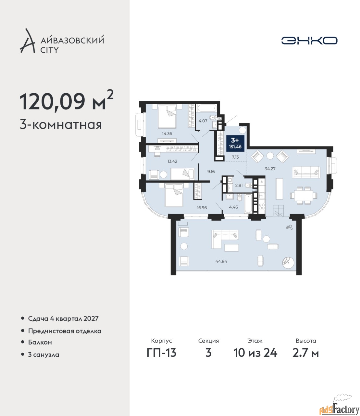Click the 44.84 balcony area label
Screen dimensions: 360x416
coord(221,262)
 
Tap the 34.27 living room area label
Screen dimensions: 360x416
coord(270,169)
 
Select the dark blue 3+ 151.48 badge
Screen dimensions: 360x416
coord(235,143)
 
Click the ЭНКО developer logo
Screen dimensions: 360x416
coord(309,40)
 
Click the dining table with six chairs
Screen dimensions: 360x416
coord(304,195)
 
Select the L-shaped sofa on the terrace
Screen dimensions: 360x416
coord(225,240)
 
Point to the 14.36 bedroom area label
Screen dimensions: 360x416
coord(167,134)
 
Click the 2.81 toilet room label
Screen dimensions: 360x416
coord(239,185)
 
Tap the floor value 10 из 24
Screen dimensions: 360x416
coord(255,353)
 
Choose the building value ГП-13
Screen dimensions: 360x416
coord(161,353)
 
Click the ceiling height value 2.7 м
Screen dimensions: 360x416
coord(305,353)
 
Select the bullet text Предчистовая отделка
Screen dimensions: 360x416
coord(65,331)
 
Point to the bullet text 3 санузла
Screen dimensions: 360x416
coord(43,355)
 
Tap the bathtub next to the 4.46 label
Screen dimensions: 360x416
coord(248,203)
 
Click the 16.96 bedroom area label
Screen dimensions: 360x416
coord(202,207)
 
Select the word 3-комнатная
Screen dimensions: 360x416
coord(61,125)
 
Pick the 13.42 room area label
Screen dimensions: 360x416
coord(172,161)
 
